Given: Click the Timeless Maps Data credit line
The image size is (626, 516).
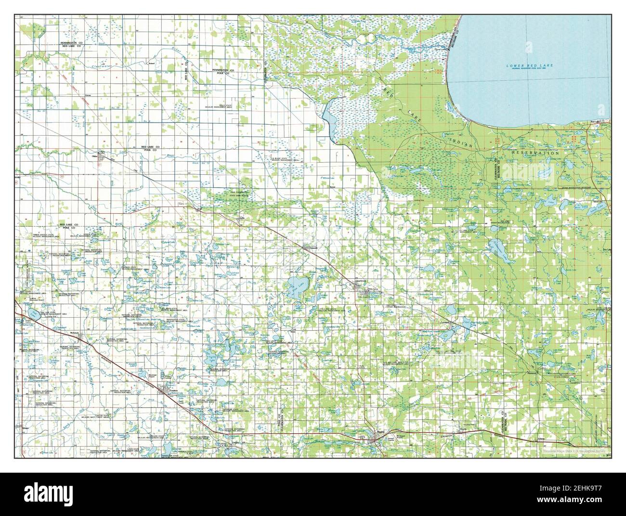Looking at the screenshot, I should pyautogui.click(x=573, y=451).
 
